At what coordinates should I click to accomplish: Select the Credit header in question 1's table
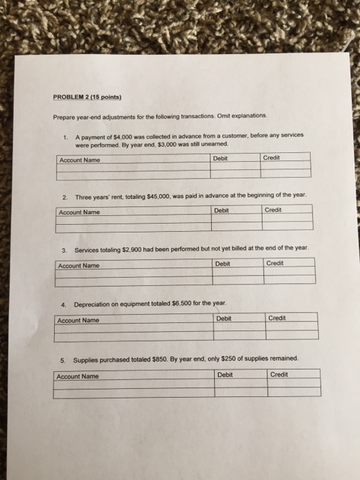(x=272, y=158)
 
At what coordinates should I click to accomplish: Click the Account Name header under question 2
(x=79, y=212)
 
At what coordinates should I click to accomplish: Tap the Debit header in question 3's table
(x=223, y=264)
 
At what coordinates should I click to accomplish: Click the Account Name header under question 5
(x=77, y=376)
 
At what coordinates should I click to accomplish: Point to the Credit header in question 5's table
(x=279, y=374)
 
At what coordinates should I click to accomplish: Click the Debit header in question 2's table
(x=221, y=211)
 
